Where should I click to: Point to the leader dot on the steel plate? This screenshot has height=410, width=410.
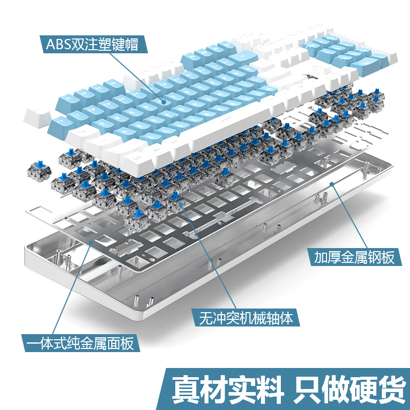[91, 241]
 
